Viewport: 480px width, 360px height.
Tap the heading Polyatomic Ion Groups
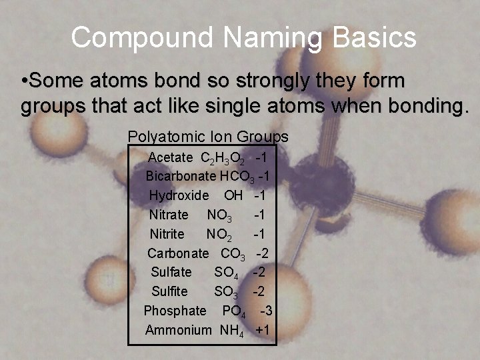coord(208,137)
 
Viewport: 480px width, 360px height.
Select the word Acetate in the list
coord(170,158)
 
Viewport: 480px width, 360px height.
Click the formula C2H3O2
coord(222,159)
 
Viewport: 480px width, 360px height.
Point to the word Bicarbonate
coord(181,177)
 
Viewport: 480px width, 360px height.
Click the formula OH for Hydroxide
coord(233,196)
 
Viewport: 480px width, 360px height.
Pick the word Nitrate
coord(169,215)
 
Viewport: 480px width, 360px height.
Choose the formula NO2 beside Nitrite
coord(219,235)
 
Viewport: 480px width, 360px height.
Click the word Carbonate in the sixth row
coord(178,253)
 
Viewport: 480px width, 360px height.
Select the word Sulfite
coord(169,291)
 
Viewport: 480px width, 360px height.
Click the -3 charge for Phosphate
coord(265,311)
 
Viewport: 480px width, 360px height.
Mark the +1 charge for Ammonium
coord(262,330)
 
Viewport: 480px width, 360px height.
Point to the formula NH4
coord(231,330)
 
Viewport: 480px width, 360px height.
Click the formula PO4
coord(234,311)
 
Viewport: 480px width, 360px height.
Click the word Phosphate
coord(175,311)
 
